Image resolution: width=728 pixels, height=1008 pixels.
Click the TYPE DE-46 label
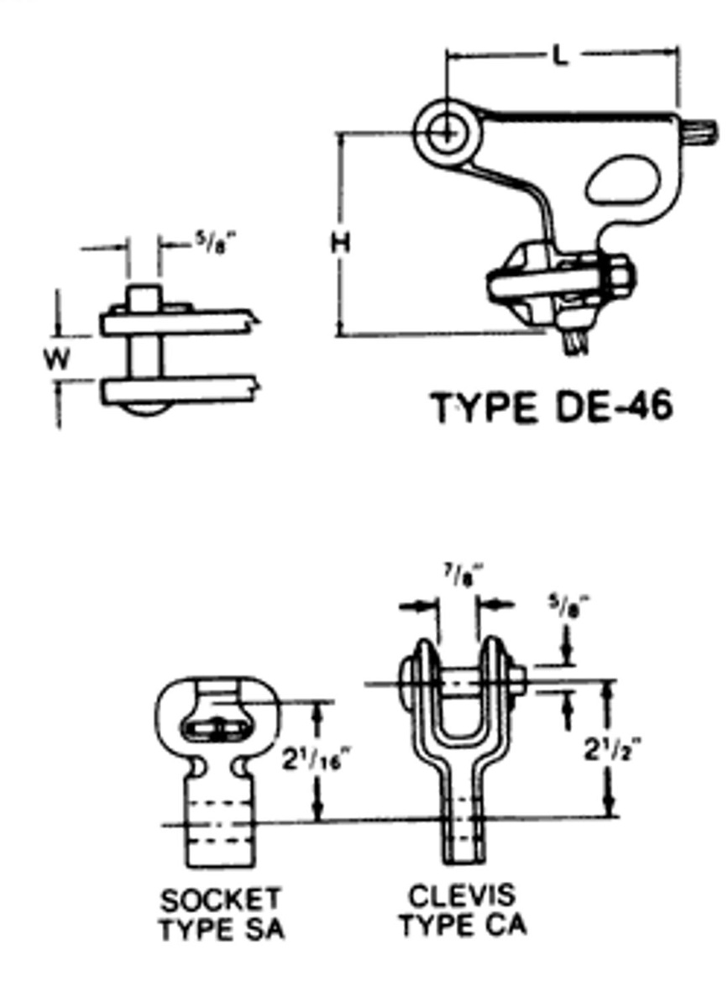[x=552, y=408]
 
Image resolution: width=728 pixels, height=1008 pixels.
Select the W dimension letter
[x=57, y=360]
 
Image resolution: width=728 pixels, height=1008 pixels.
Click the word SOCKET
[x=220, y=901]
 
